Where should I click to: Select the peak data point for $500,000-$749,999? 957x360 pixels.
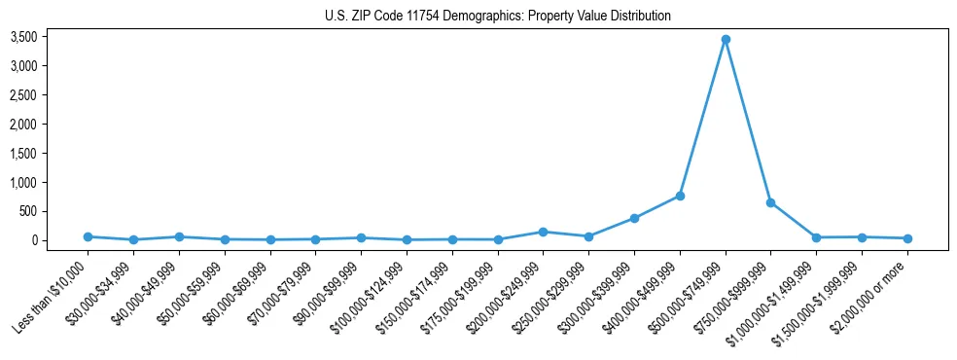tap(726, 40)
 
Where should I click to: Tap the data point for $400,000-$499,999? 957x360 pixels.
tap(680, 196)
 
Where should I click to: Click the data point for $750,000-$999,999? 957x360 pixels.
tap(770, 202)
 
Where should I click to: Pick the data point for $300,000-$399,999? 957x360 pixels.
tap(634, 218)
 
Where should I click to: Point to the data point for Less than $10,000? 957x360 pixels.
tap(88, 236)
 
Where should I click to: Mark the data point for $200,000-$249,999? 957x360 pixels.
tap(543, 232)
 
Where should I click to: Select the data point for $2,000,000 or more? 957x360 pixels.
tap(907, 238)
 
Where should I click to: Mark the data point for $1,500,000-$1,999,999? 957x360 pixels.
tap(862, 237)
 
